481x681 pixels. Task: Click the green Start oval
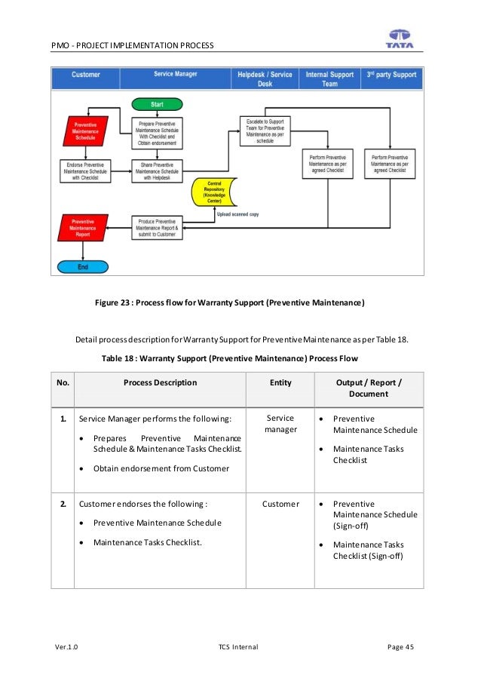pyautogui.click(x=157, y=103)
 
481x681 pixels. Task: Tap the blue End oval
pyautogui.click(x=83, y=266)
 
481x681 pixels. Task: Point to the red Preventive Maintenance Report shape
pyautogui.click(x=83, y=229)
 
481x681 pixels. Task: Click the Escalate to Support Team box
pyautogui.click(x=265, y=130)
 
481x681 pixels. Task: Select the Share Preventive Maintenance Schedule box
pyautogui.click(x=158, y=170)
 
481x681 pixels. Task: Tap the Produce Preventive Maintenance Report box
pyautogui.click(x=158, y=229)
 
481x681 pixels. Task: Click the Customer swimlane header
pyautogui.click(x=85, y=75)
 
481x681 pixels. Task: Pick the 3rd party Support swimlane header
pyautogui.click(x=391, y=75)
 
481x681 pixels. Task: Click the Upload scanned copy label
pyautogui.click(x=237, y=215)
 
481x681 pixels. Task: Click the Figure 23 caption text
pyautogui.click(x=229, y=303)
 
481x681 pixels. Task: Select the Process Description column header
pyautogui.click(x=160, y=383)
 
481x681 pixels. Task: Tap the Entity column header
pyautogui.click(x=280, y=383)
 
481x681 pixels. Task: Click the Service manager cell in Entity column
pyautogui.click(x=280, y=424)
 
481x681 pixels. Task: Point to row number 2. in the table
pyautogui.click(x=63, y=504)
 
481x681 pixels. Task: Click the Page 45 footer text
pyautogui.click(x=400, y=647)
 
